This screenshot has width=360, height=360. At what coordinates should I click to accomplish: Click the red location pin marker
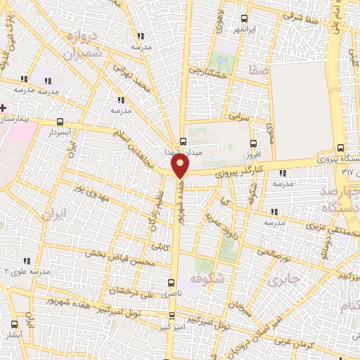point(181,166)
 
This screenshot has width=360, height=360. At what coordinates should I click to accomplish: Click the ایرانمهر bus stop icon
point(244,18)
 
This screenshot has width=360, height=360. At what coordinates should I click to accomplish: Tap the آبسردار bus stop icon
point(60,122)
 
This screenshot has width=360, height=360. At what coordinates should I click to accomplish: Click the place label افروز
point(253,154)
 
